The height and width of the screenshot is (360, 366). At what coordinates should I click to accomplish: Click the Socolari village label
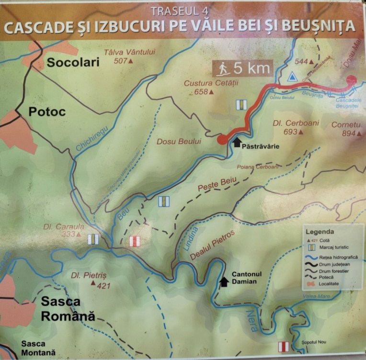click(72, 62)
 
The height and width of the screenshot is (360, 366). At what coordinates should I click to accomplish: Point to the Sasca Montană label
click(38, 348)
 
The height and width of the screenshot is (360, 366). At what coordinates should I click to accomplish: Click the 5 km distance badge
click(242, 69)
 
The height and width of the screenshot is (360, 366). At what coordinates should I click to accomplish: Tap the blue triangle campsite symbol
click(291, 76)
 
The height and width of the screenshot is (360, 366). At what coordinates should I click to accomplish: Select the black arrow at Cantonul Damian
click(223, 281)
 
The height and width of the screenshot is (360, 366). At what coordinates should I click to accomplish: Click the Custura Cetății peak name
click(205, 83)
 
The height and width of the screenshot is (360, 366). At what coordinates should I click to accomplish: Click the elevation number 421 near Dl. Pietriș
click(103, 286)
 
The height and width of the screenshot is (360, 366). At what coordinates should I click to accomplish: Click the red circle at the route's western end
click(222, 139)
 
